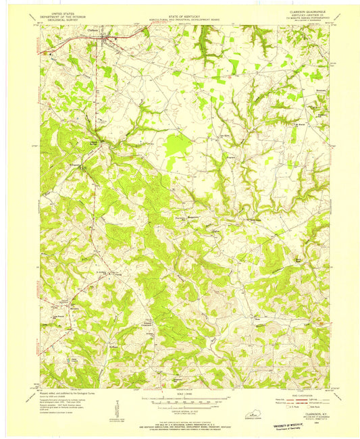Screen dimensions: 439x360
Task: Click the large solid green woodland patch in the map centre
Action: [178, 145]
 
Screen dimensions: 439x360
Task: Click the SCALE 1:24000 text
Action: [180, 396]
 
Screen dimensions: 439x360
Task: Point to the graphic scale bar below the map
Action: [180, 402]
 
